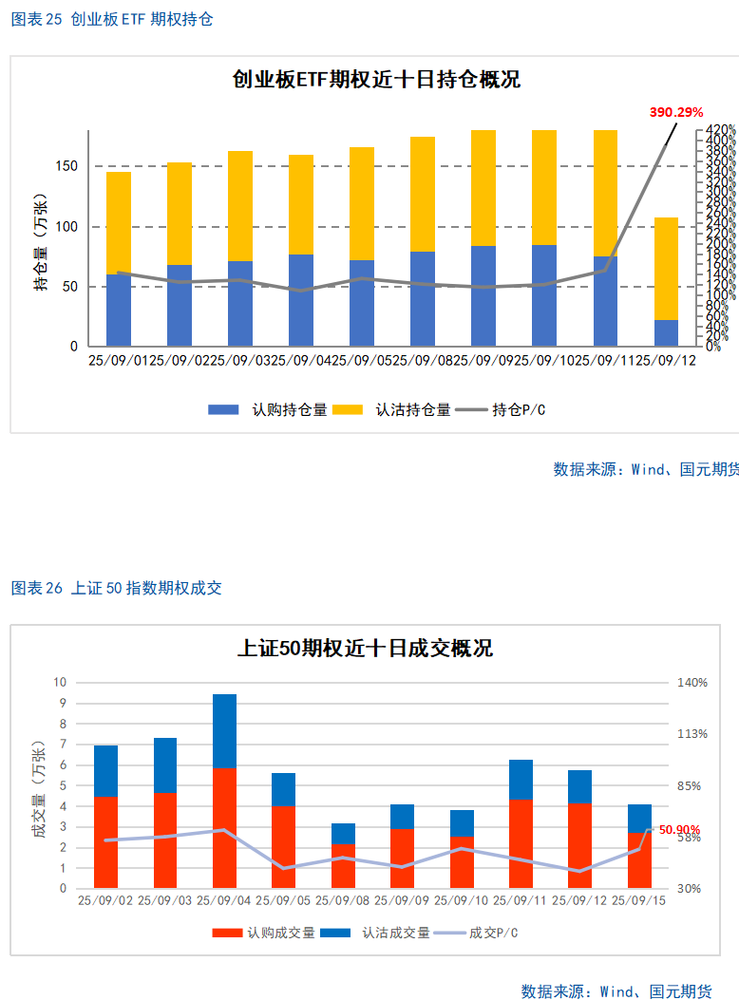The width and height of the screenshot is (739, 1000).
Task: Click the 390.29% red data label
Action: (x=675, y=112)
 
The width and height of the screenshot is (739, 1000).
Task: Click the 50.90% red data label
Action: (x=679, y=829)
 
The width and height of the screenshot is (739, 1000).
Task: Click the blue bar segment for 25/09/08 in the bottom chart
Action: (x=343, y=834)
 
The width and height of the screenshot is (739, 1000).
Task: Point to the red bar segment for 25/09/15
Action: (x=639, y=860)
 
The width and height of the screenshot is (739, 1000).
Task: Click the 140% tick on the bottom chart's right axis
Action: (x=692, y=682)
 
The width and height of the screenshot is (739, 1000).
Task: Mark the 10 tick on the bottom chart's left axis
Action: (x=61, y=682)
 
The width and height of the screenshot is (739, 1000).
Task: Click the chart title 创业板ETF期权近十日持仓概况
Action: (x=376, y=80)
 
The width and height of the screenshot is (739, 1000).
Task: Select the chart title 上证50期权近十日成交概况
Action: (x=365, y=649)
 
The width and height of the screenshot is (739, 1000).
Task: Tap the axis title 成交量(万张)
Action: (x=38, y=786)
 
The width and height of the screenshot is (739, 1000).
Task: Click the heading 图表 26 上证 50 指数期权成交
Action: (x=116, y=588)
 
